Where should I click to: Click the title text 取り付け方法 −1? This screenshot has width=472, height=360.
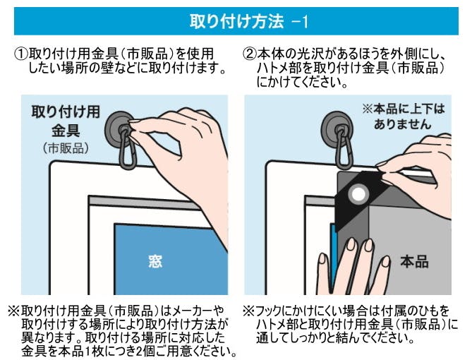tap(249, 21)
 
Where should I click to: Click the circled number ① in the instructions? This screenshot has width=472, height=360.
tap(21, 54)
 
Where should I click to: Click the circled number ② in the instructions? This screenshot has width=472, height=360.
tap(250, 54)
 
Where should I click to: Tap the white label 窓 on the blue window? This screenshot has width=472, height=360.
tap(155, 261)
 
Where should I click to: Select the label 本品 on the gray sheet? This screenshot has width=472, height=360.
tap(414, 261)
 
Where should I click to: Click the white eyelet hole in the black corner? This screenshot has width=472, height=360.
tap(358, 194)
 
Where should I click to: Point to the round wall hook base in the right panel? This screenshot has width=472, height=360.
tap(337, 130)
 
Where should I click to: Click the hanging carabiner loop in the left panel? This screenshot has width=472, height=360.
tap(127, 150)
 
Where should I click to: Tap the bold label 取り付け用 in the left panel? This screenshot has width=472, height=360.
tap(66, 112)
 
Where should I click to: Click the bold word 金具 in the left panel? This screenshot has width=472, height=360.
tap(66, 130)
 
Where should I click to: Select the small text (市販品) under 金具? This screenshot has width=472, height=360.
tap(66, 148)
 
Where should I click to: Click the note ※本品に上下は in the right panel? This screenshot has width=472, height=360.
tap(404, 109)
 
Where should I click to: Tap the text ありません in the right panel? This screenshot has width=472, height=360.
tap(403, 124)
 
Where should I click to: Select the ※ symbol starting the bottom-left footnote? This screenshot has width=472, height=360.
tap(14, 311)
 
